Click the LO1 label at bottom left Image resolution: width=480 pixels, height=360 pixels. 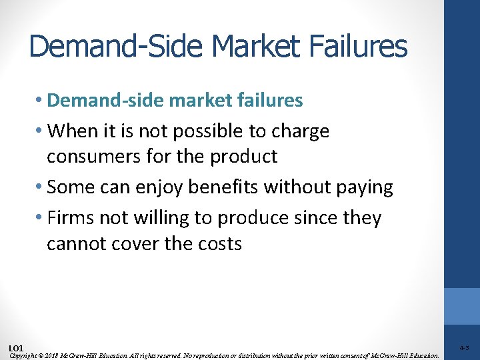16,348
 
